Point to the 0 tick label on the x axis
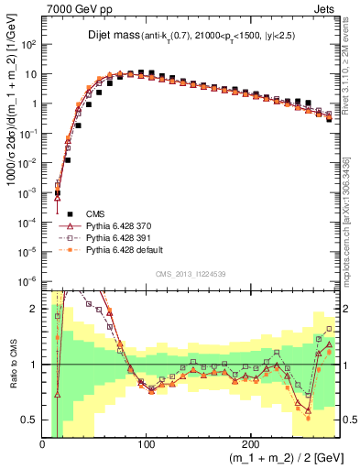point(43,444)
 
